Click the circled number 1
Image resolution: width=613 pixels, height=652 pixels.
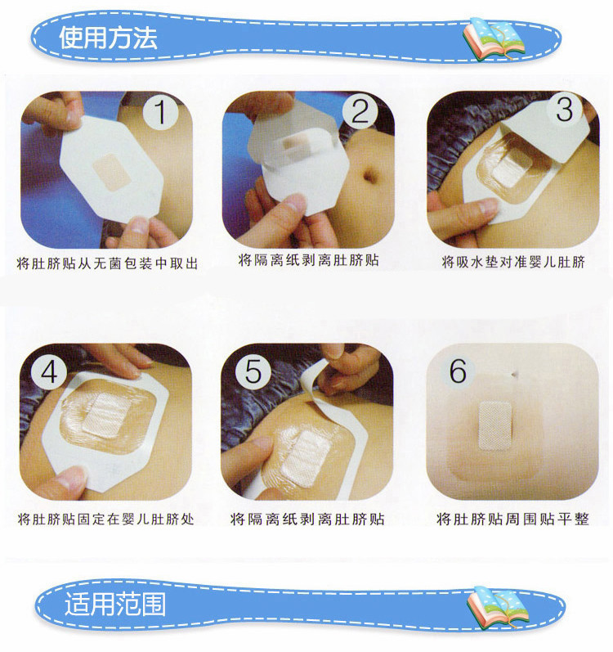click(x=160, y=111)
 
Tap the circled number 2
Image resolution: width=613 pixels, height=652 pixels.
click(x=360, y=111)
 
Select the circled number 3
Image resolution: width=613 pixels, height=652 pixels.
click(x=565, y=110)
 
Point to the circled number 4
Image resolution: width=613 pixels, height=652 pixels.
click(x=49, y=371)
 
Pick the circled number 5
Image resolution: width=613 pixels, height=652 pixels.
click(x=253, y=371)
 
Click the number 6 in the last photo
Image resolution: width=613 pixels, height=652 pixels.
click(x=458, y=371)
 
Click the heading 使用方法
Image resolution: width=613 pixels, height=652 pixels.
click(x=108, y=38)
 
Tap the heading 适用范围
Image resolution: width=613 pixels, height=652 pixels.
click(x=115, y=604)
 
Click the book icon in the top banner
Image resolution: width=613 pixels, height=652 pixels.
click(x=493, y=38)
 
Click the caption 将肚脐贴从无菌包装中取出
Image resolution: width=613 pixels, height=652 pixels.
click(x=107, y=263)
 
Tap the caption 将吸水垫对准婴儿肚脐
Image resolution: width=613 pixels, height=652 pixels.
click(x=513, y=262)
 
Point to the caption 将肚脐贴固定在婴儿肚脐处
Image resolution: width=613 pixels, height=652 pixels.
click(x=106, y=519)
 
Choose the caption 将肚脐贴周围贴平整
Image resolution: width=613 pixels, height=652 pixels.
click(x=513, y=519)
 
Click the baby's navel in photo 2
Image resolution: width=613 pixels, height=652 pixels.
click(x=369, y=175)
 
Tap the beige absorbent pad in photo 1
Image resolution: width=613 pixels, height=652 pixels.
click(x=112, y=172)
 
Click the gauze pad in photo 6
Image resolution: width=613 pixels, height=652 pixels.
click(x=494, y=425)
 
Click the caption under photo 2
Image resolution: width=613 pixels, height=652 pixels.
click(x=309, y=260)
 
